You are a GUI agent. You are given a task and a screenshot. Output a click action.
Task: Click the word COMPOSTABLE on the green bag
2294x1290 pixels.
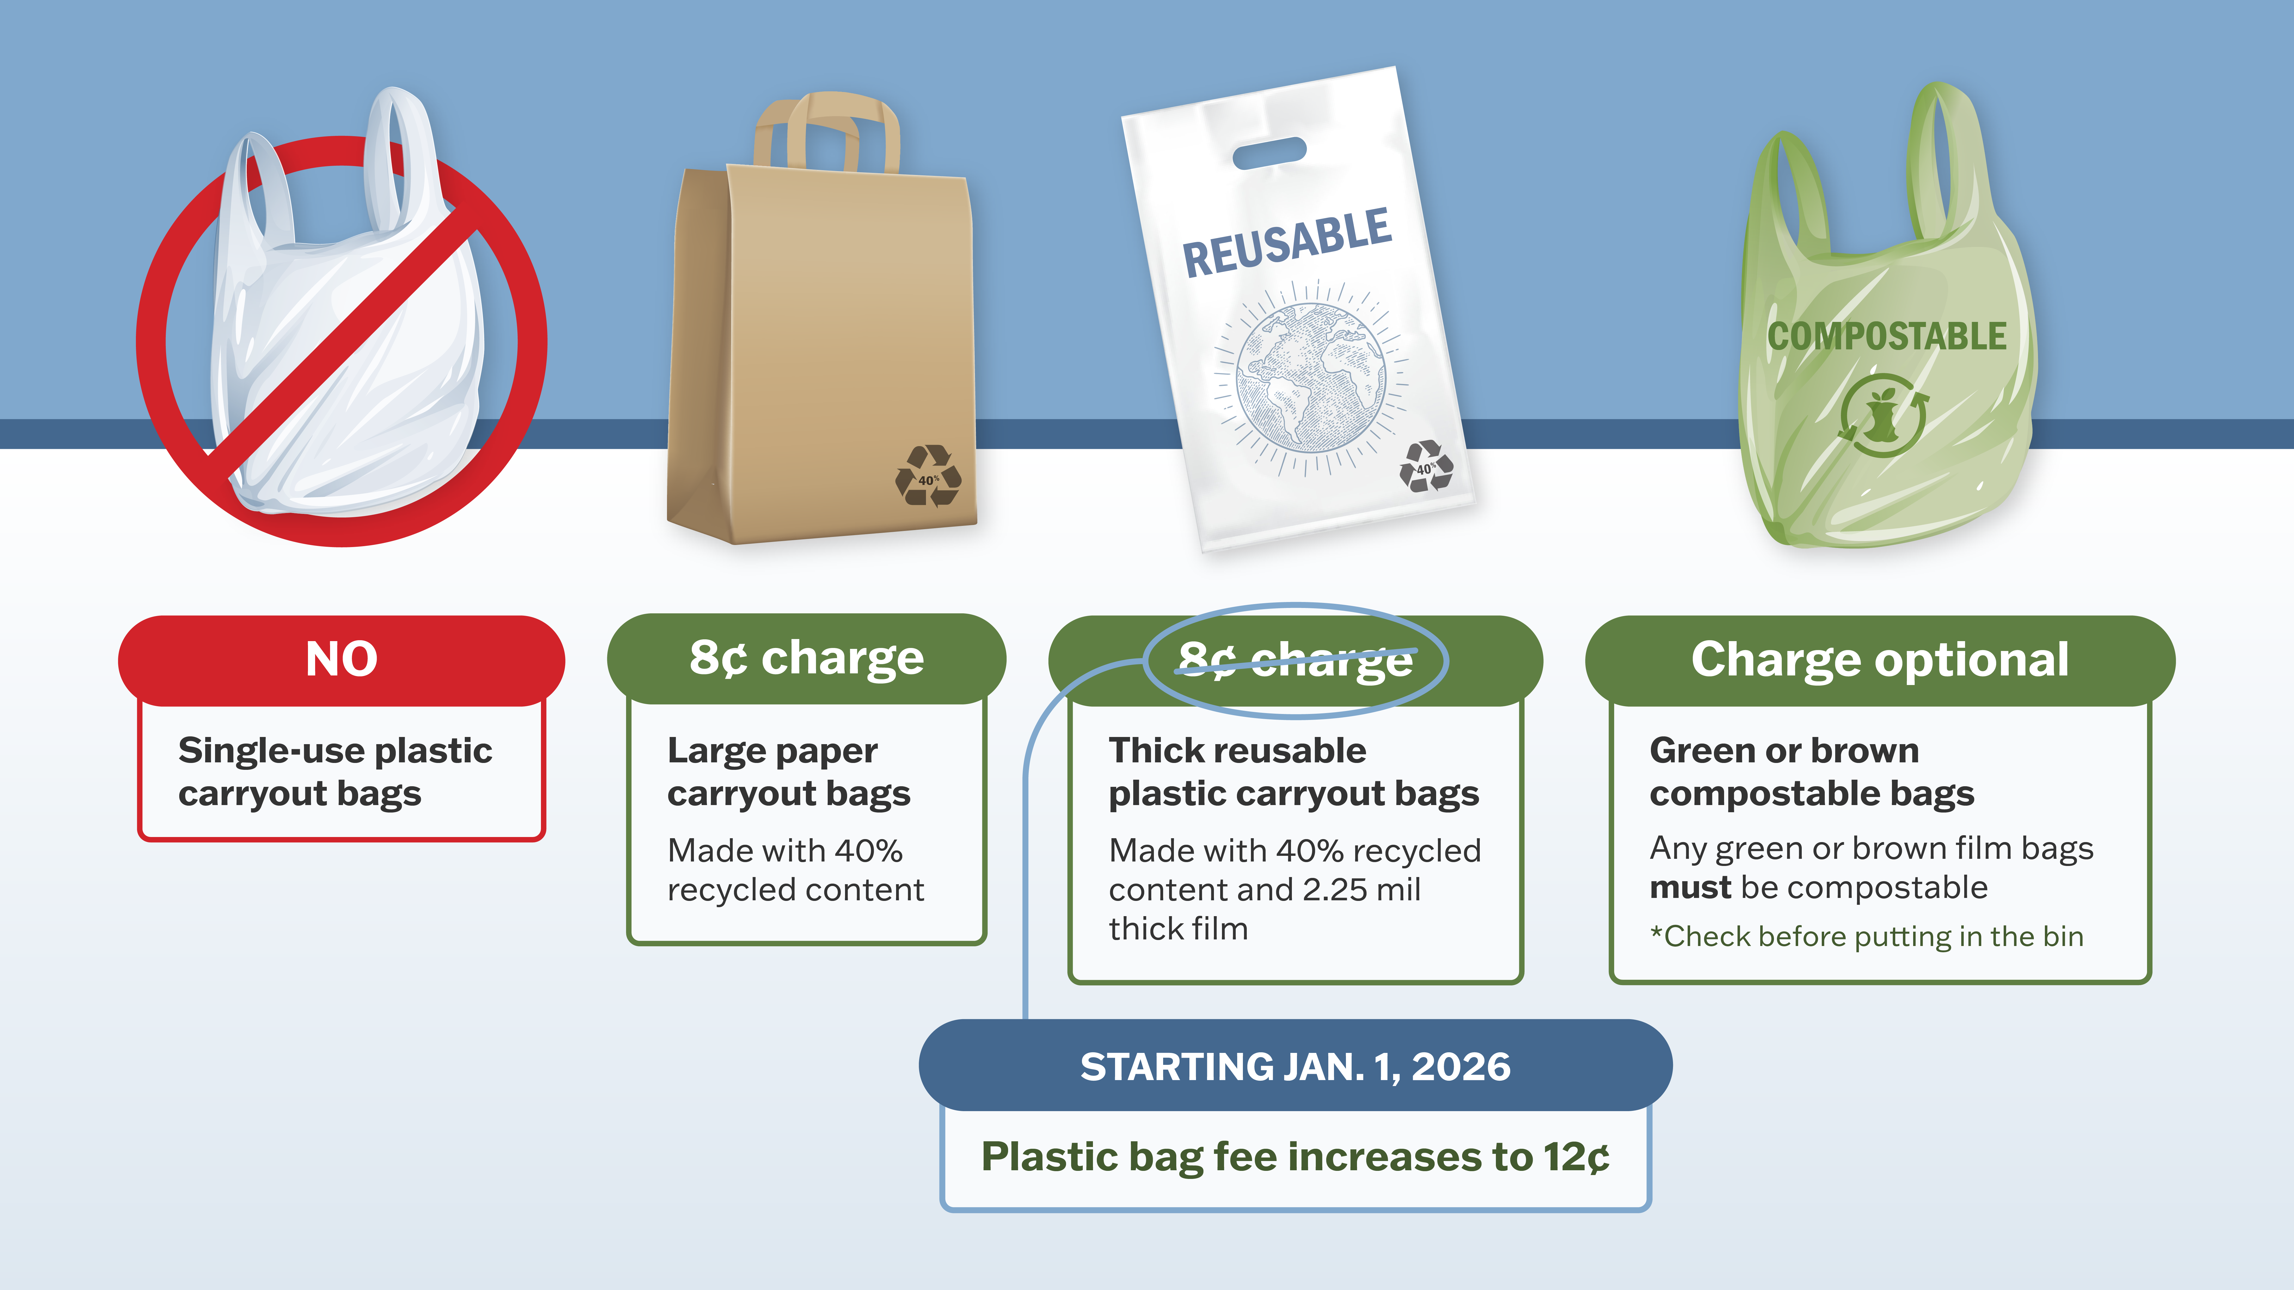point(1886,337)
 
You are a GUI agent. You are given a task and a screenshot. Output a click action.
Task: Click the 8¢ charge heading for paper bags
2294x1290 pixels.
point(806,659)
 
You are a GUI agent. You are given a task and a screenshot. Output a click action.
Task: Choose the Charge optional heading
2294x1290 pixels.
point(1879,660)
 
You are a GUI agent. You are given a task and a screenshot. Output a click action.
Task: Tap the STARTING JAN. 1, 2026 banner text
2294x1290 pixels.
point(1295,1067)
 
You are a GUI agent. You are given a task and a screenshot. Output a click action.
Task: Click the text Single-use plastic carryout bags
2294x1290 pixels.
point(335,772)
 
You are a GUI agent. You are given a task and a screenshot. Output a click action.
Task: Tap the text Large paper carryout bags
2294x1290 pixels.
point(788,772)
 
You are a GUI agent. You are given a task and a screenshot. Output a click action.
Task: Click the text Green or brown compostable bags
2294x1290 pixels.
point(1811,772)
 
